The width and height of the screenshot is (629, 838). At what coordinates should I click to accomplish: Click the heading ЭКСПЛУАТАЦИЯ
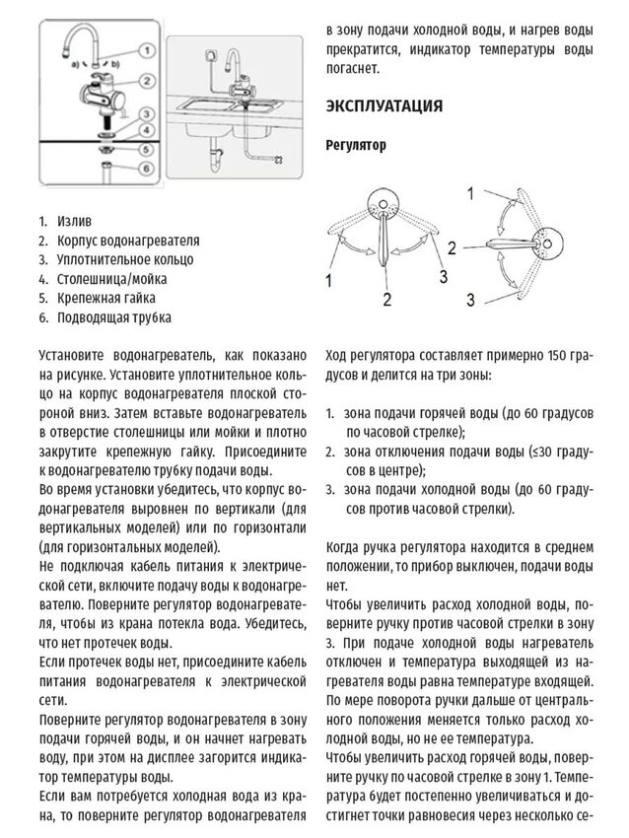coord(384,105)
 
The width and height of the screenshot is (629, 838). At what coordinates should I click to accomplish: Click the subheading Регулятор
coord(355,145)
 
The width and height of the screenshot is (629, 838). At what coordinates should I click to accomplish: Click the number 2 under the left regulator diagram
coord(387,298)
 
